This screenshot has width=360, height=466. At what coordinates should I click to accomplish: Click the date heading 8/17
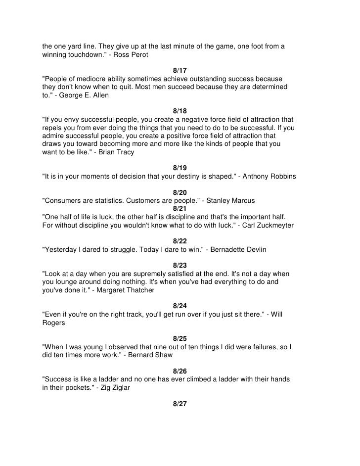[x=180, y=70]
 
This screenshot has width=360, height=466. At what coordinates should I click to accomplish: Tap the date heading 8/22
[x=180, y=241]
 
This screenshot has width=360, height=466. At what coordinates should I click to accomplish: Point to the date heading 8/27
[x=180, y=404]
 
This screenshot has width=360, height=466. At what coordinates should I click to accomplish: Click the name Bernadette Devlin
[x=239, y=250]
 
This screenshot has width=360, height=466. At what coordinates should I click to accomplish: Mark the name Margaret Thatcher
[x=126, y=290]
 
